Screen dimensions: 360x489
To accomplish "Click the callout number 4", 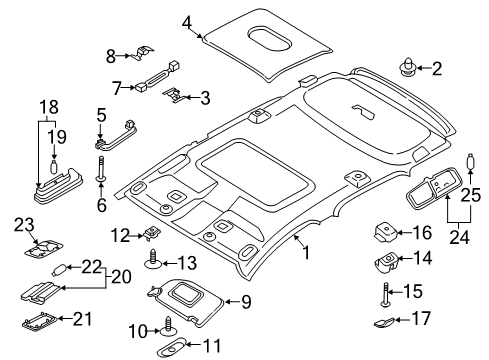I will coord(188,21).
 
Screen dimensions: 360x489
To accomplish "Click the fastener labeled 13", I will coord(153,263).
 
